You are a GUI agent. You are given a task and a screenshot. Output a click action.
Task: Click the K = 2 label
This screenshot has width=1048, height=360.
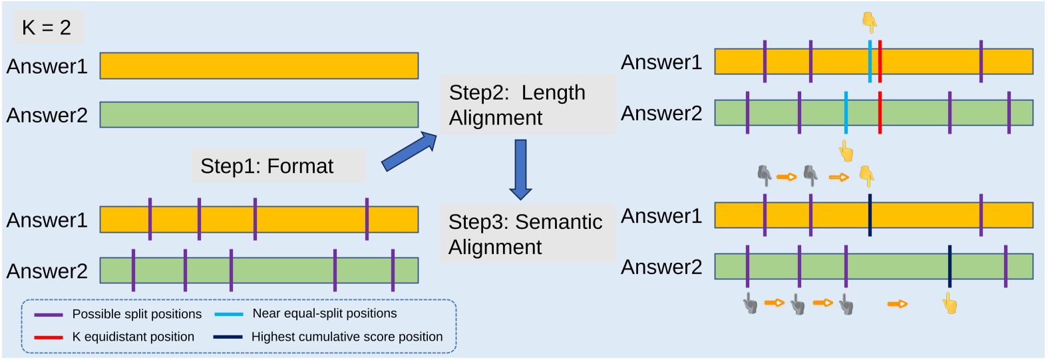47,27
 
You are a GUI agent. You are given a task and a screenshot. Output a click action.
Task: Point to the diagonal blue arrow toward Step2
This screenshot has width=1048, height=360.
409,152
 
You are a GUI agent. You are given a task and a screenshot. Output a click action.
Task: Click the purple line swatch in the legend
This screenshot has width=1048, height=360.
49,315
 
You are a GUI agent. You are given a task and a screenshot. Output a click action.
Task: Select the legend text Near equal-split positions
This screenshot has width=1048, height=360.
324,313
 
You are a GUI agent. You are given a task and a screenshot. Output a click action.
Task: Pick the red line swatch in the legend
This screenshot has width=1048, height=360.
49,337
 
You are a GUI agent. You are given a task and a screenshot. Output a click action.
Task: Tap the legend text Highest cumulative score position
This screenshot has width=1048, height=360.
347,337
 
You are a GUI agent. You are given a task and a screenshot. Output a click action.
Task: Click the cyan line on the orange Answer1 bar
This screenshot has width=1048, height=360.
870,61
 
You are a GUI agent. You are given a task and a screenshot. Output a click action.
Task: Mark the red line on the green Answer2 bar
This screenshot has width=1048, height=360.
880,112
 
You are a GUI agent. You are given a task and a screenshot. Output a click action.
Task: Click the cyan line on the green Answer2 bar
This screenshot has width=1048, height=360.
846,112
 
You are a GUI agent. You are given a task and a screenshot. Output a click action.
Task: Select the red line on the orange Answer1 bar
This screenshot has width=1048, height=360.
880,61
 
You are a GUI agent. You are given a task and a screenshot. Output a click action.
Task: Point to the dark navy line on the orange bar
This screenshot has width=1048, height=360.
870,215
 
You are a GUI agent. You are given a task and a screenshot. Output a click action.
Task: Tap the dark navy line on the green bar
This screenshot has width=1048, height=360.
950,266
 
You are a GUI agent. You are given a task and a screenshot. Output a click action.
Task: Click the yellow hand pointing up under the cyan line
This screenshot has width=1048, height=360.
846,151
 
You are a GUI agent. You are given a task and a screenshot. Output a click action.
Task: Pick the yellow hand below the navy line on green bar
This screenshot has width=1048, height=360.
950,305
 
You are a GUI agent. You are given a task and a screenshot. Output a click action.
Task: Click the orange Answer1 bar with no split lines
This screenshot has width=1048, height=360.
259,66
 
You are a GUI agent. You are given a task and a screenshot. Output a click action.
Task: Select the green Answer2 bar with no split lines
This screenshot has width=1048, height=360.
259,114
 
